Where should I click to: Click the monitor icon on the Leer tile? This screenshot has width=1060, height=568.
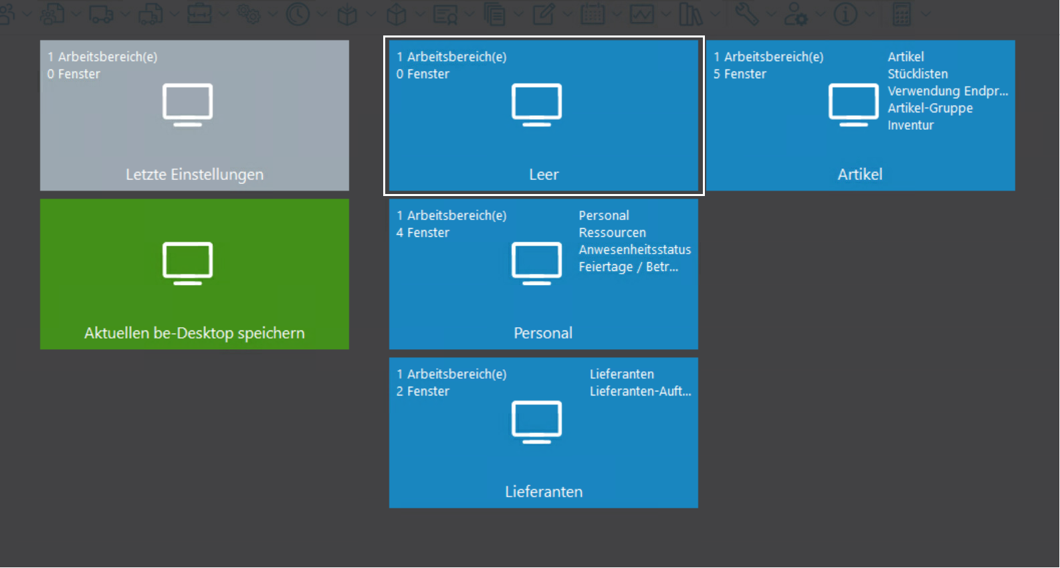[x=536, y=104]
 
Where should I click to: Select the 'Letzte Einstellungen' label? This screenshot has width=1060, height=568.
[x=195, y=175]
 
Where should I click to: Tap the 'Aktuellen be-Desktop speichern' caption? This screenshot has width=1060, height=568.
[x=195, y=333]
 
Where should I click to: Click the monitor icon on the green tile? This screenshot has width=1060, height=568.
[x=187, y=263]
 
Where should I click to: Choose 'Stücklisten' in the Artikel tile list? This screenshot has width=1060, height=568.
[x=918, y=74]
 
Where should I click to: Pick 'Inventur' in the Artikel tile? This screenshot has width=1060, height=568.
[x=910, y=126]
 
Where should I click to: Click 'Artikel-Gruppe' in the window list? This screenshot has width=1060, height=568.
[x=930, y=108]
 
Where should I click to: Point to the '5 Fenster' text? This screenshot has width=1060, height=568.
[x=740, y=74]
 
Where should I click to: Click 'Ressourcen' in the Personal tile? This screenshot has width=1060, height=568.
[x=612, y=233]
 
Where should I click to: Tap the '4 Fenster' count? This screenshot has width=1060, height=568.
[x=423, y=233]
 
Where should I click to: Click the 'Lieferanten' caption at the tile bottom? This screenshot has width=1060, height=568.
[x=544, y=492]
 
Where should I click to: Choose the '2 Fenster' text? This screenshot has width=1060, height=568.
[x=423, y=391]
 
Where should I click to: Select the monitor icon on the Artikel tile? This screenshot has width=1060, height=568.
[x=853, y=104]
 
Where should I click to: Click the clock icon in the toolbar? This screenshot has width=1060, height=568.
[x=298, y=14]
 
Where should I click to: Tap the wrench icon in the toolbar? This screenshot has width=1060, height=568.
[x=746, y=14]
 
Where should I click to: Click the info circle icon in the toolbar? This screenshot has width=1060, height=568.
[x=845, y=14]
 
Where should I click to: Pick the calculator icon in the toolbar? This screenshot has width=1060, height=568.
[x=902, y=14]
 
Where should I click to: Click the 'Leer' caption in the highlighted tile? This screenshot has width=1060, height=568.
[x=544, y=175]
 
